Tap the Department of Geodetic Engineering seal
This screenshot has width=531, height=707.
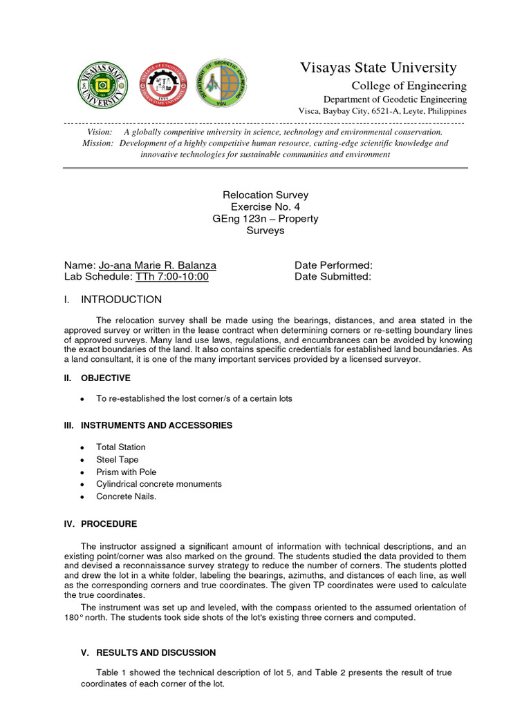222,83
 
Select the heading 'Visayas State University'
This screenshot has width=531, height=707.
378,68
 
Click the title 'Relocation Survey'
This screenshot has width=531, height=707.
265,195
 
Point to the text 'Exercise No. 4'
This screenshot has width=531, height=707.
265,207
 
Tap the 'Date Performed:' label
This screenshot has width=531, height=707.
333,265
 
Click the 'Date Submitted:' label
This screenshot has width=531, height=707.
333,277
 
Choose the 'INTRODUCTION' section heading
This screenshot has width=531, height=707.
121,300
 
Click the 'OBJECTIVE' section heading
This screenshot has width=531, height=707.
105,378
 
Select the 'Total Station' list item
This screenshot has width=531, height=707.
121,447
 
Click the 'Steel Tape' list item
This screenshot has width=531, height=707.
118,460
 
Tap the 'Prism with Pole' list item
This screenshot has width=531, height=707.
127,472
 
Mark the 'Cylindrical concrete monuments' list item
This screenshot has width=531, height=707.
159,484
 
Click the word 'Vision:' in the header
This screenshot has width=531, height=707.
99,132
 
